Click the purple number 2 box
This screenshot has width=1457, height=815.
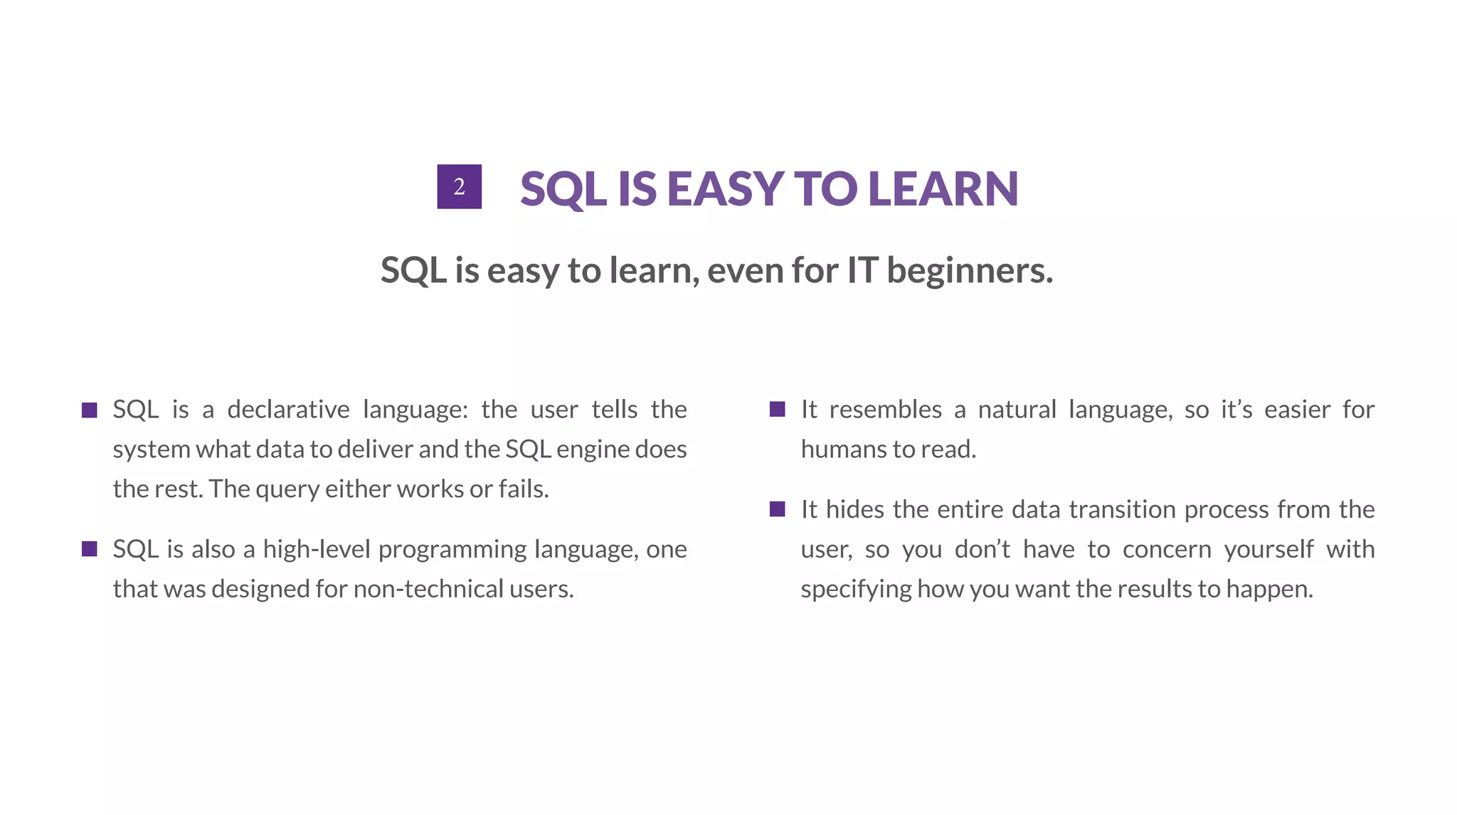pyautogui.click(x=459, y=186)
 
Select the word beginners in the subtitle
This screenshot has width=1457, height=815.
pyautogui.click(x=969, y=271)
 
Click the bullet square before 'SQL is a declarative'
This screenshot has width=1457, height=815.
pyautogui.click(x=90, y=410)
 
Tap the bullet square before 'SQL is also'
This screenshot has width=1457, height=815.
pyautogui.click(x=90, y=549)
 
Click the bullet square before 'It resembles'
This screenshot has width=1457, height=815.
pyautogui.click(x=778, y=410)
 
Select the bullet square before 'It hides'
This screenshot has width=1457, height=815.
pyautogui.click(x=778, y=509)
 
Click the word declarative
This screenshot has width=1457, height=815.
pyautogui.click(x=288, y=410)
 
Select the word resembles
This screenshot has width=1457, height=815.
pyautogui.click(x=885, y=410)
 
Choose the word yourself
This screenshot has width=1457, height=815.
pyautogui.click(x=1268, y=550)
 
